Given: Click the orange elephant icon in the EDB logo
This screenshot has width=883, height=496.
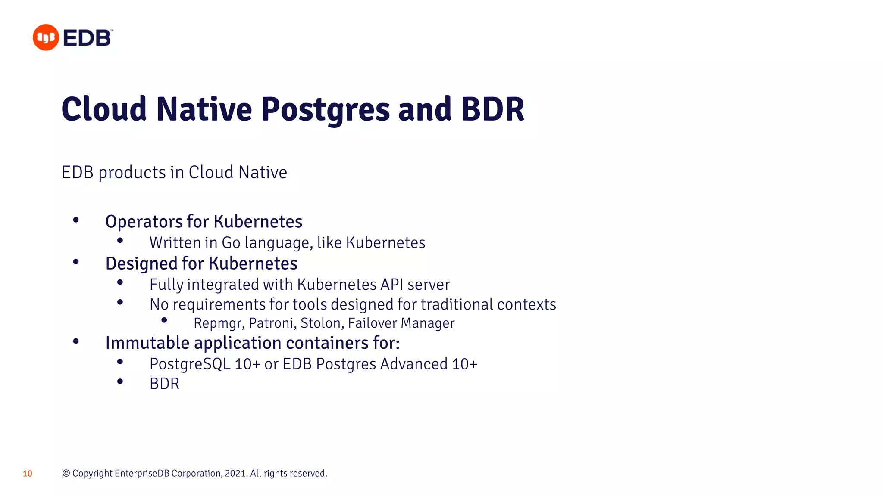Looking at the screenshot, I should [46, 37].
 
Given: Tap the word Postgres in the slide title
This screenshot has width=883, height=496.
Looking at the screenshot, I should [326, 110].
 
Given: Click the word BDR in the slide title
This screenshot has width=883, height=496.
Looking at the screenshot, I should [492, 109].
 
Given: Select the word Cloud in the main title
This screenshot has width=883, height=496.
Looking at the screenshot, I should [104, 109].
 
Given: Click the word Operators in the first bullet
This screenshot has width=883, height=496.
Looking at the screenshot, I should [144, 222].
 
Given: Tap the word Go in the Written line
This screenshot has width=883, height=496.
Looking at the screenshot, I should [231, 243].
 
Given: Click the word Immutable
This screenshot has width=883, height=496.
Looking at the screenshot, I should [147, 343].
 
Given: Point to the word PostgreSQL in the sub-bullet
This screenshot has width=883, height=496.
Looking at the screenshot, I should [190, 364].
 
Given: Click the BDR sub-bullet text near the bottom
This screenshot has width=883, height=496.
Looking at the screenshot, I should [164, 384].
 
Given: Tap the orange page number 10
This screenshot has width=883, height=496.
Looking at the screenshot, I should [28, 474].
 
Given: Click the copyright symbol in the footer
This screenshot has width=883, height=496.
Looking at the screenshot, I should [66, 474].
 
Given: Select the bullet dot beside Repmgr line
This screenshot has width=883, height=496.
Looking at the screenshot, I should [164, 320].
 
